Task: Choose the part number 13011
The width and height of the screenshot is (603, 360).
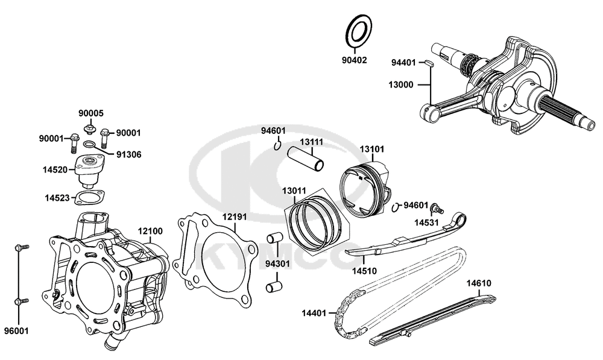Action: [295, 191]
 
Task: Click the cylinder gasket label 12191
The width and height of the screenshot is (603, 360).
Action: [234, 216]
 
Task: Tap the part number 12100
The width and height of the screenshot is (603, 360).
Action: [151, 231]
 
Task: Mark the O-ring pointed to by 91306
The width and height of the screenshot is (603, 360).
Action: [89, 145]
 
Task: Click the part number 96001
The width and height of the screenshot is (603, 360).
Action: [15, 331]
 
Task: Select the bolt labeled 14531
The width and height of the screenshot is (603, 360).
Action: [434, 208]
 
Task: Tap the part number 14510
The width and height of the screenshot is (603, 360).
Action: [364, 271]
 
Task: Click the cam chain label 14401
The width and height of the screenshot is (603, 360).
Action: [314, 313]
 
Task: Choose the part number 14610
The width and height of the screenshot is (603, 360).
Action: [479, 282]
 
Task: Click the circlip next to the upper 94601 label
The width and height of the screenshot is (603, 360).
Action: [278, 144]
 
